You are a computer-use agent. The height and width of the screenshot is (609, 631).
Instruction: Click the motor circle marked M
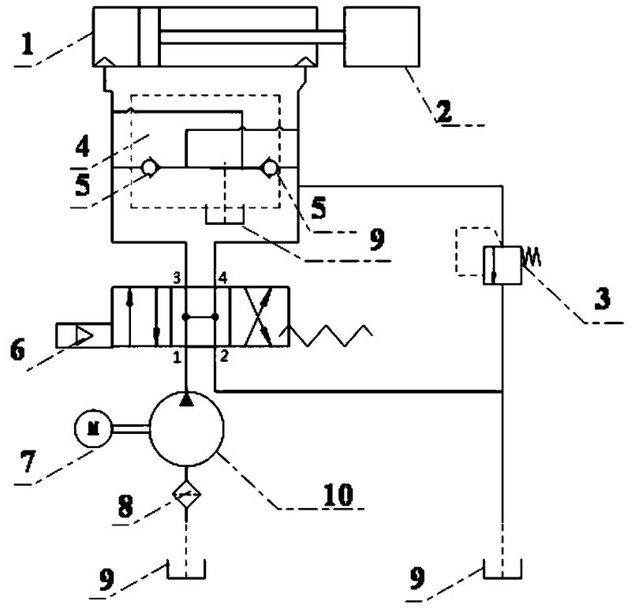pyautogui.click(x=93, y=428)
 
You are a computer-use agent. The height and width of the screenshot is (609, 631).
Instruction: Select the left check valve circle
pyautogui.click(x=147, y=167)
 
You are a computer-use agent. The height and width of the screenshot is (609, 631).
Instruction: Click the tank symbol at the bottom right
pyautogui.click(x=502, y=569)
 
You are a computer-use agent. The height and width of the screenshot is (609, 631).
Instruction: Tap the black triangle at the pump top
pyautogui.click(x=187, y=401)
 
